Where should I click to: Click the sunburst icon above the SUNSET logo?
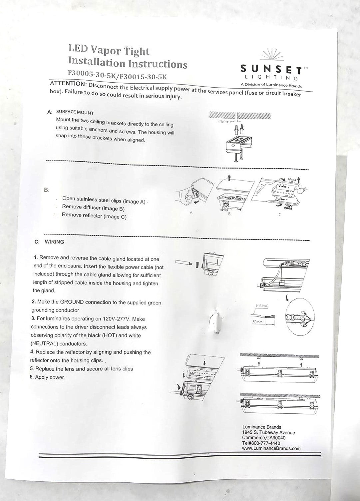click(x=270, y=55)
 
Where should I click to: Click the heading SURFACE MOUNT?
click(x=75, y=113)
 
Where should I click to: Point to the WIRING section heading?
click(x=54, y=242)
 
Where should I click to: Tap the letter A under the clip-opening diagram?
click(x=191, y=212)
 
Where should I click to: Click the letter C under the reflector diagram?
click(x=279, y=215)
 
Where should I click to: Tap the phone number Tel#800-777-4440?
click(x=261, y=443)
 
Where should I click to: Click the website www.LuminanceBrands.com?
click(x=271, y=448)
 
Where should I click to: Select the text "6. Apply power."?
click(x=48, y=377)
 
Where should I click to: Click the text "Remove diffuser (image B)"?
click(x=93, y=208)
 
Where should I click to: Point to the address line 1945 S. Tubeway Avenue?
click(x=268, y=432)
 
